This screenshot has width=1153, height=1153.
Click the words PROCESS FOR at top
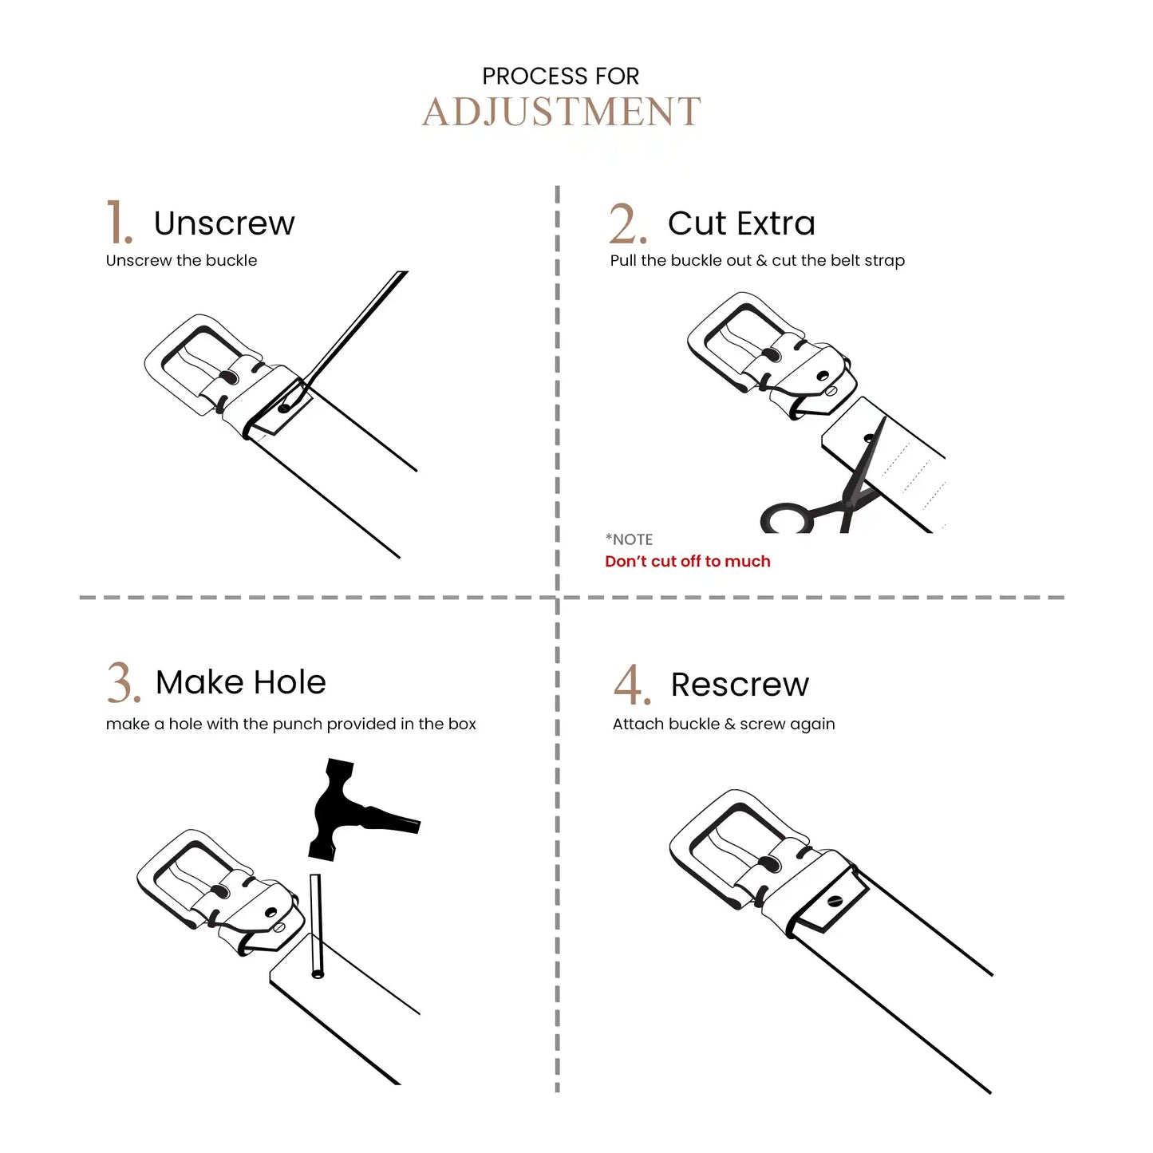tap(561, 77)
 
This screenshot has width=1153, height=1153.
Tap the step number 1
tap(118, 222)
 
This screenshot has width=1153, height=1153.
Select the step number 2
tap(628, 223)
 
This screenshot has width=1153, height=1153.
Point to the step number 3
tap(124, 682)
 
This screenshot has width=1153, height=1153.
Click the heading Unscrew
tap(224, 223)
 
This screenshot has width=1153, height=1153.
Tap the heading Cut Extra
tap(741, 223)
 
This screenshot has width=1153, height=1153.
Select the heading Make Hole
tap(240, 682)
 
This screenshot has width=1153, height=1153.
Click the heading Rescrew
tap(740, 685)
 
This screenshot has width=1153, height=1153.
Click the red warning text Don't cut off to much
tap(688, 561)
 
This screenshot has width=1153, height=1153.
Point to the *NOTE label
tap(629, 539)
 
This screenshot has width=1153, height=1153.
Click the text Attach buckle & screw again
tap(724, 724)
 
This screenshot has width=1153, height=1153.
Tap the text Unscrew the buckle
tap(181, 260)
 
